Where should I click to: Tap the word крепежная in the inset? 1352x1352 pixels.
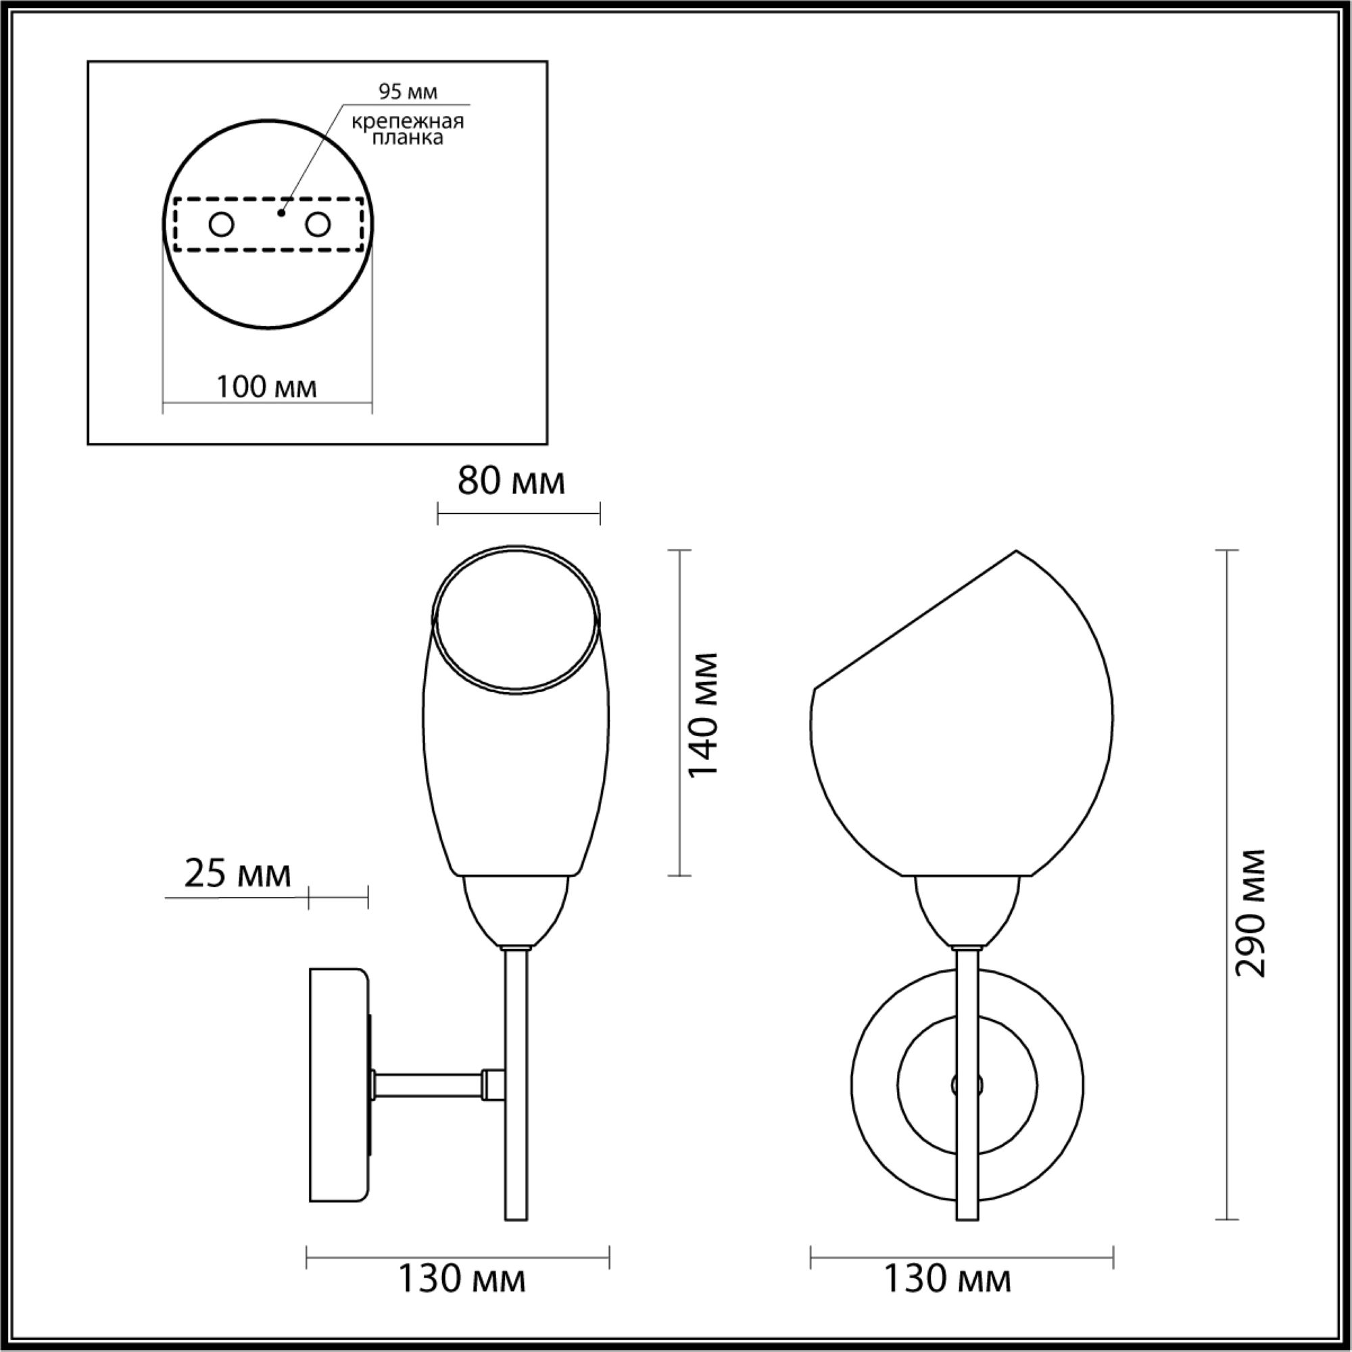pyautogui.click(x=407, y=122)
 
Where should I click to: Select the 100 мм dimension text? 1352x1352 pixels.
pyautogui.click(x=266, y=386)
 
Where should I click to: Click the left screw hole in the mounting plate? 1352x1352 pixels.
pyautogui.click(x=222, y=225)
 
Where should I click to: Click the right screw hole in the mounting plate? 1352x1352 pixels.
pyautogui.click(x=317, y=225)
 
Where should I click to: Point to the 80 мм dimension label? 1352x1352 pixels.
pyautogui.click(x=512, y=481)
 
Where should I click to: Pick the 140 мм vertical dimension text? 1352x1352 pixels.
pyautogui.click(x=703, y=715)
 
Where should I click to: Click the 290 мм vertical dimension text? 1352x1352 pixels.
pyautogui.click(x=1250, y=913)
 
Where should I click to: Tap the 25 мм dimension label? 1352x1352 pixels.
pyautogui.click(x=237, y=874)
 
